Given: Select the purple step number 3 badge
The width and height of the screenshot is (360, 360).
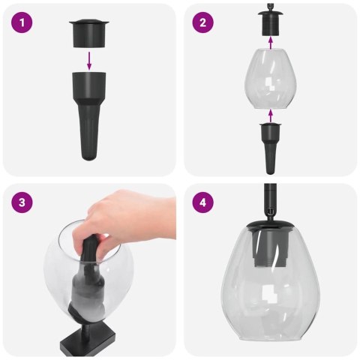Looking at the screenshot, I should point(24,203).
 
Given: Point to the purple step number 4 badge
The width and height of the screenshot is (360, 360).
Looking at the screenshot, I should point(202,203).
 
